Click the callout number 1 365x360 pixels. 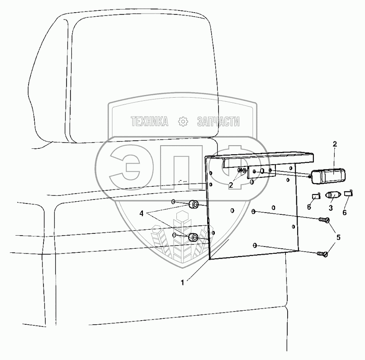[183, 283]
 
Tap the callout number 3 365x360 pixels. [331, 208]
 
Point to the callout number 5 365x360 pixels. [338, 237]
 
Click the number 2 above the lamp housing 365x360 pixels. [335, 144]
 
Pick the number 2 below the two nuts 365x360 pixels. [231, 185]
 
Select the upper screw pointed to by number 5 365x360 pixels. [324, 220]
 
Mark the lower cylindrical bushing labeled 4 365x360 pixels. [193, 237]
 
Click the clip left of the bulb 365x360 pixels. [316, 196]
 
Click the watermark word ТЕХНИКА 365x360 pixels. [149, 121]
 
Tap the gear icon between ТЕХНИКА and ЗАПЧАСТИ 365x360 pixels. [183, 121]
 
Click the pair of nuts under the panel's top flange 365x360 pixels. [242, 171]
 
